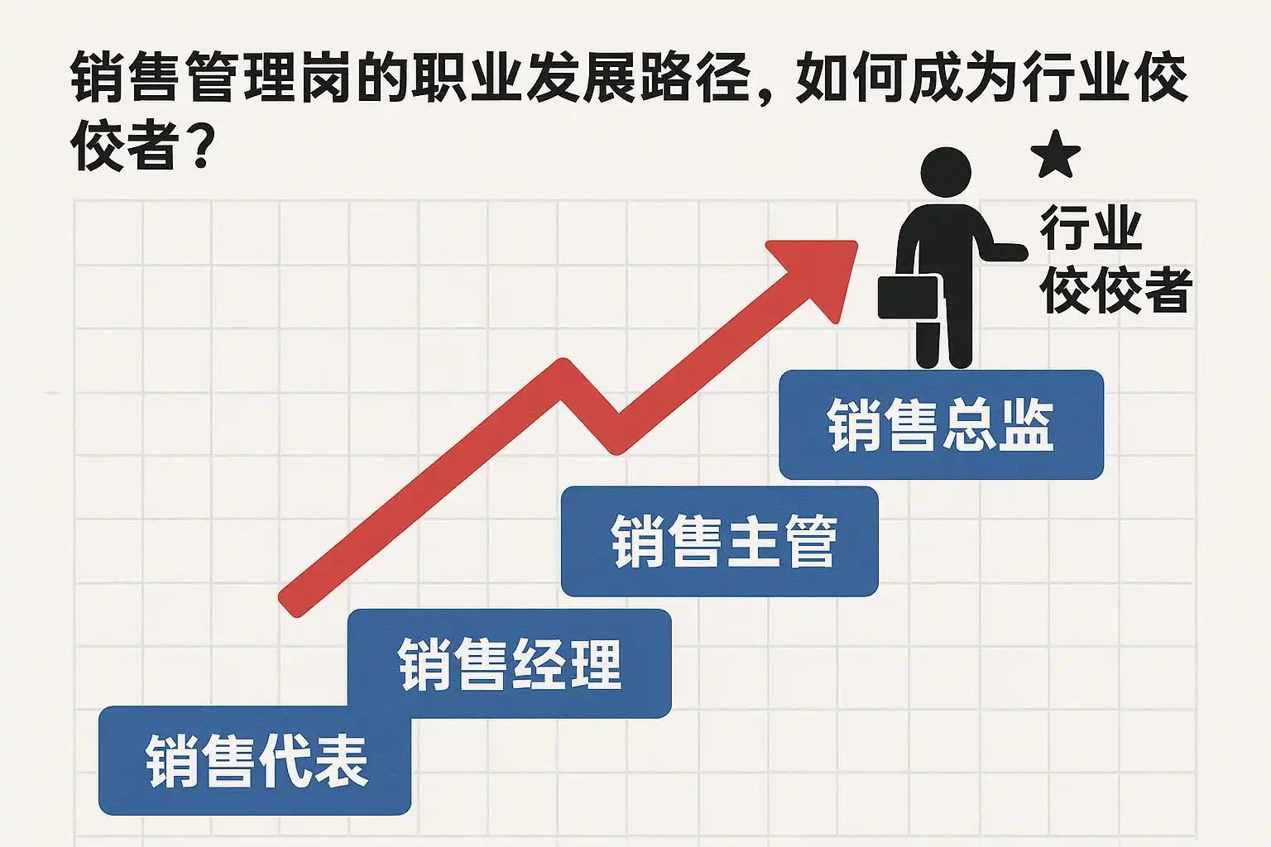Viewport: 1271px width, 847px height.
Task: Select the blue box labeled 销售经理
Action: pyautogui.click(x=509, y=663)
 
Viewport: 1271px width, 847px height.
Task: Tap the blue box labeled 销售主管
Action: pyautogui.click(x=719, y=541)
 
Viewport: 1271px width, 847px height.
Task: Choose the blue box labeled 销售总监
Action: pyautogui.click(x=941, y=424)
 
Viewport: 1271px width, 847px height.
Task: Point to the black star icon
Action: pyautogui.click(x=1055, y=156)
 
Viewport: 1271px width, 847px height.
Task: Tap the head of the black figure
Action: pyautogui.click(x=946, y=172)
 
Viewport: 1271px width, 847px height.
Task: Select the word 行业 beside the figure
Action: pyautogui.click(x=1091, y=228)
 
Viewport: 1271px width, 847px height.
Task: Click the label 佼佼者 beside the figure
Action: pyautogui.click(x=1115, y=291)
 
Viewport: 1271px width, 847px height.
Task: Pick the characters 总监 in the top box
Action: pyautogui.click(x=997, y=424)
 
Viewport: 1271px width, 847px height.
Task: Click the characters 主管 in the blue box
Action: pyautogui.click(x=782, y=541)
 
